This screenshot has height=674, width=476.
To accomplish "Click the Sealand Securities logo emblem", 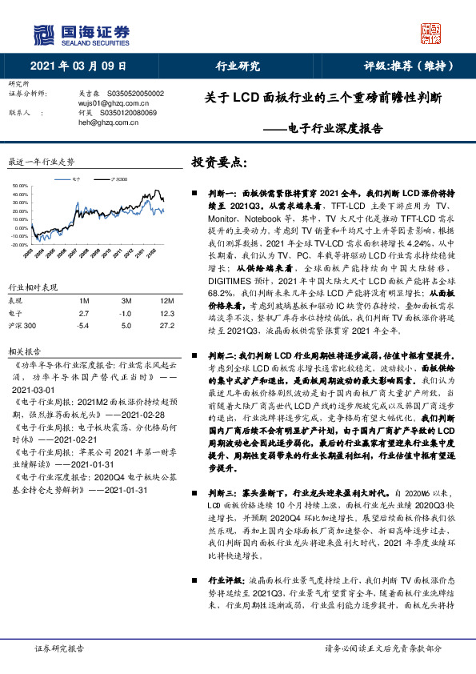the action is click(x=45, y=34).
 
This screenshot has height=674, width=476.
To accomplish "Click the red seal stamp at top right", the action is click(x=430, y=34).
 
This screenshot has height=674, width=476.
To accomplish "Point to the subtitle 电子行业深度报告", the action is click(x=330, y=128).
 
